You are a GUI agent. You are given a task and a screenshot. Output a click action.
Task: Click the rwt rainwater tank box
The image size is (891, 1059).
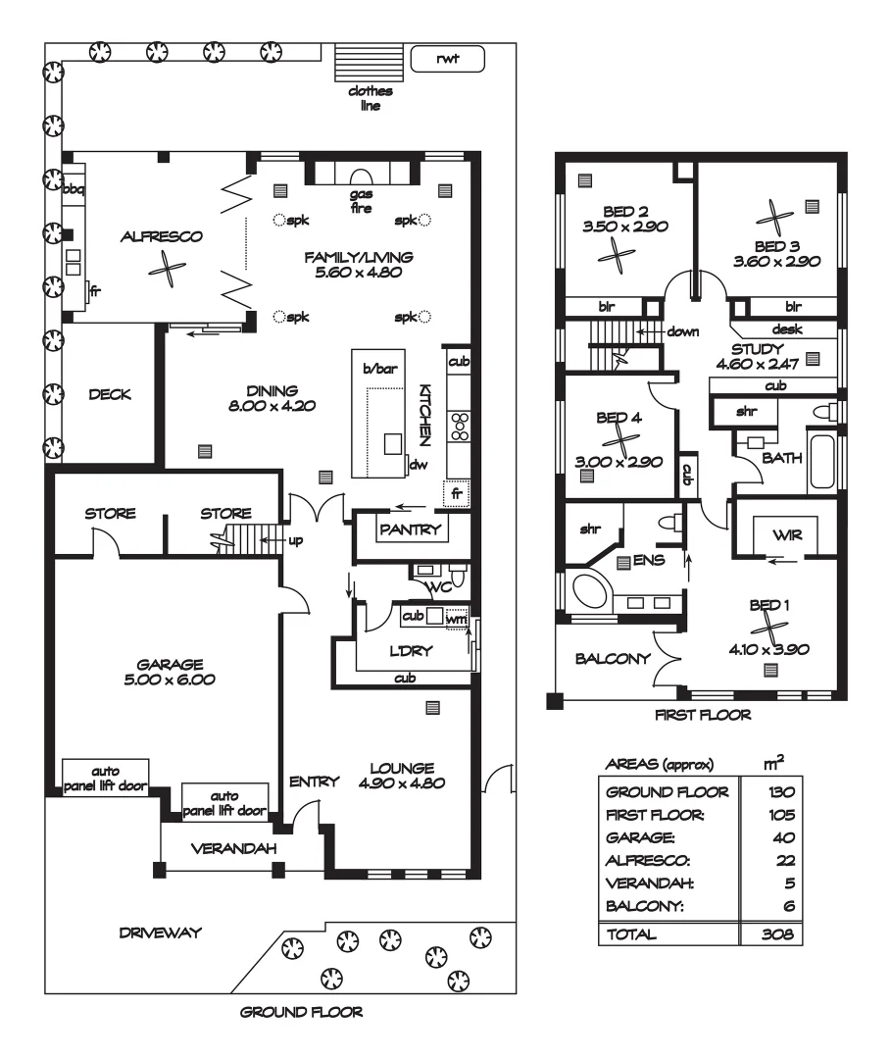click(x=448, y=59)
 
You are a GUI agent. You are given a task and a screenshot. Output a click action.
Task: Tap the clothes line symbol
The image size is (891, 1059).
click(x=370, y=64)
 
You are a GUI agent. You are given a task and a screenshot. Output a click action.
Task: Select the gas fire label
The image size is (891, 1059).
click(x=361, y=201)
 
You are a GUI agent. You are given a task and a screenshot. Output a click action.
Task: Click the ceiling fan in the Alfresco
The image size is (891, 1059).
click(x=167, y=268)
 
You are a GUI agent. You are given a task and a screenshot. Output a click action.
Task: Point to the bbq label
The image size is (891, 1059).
click(x=73, y=190)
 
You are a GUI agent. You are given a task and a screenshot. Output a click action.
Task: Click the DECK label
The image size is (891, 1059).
click(x=110, y=394)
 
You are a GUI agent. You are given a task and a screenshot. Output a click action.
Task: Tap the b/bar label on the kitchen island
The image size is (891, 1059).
click(x=380, y=369)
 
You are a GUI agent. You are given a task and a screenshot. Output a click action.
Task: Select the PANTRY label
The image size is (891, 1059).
click(x=411, y=529)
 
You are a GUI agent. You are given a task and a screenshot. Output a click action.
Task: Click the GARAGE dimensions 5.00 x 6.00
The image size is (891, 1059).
click(x=170, y=680)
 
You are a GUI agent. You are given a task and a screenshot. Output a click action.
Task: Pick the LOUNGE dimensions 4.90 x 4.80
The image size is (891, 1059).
click(x=402, y=783)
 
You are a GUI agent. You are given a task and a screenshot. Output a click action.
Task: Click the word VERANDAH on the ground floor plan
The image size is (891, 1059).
click(x=233, y=849)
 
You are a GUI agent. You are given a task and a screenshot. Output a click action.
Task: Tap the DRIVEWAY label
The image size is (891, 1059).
click(x=161, y=933)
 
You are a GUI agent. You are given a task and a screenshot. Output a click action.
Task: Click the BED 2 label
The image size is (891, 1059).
click(x=625, y=212)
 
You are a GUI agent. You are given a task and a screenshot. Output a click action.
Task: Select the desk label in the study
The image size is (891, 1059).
click(x=787, y=328)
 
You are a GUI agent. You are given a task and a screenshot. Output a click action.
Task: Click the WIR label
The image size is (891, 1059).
click(x=787, y=535)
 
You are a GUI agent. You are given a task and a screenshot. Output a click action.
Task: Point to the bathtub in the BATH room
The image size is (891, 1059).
click(x=822, y=461)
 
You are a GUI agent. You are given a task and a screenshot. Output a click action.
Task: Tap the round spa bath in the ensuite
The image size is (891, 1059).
click(x=589, y=591)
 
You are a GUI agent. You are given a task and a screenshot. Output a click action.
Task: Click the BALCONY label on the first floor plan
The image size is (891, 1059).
click(x=613, y=659)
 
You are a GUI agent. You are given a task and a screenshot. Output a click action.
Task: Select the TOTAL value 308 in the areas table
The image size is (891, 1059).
click(x=777, y=934)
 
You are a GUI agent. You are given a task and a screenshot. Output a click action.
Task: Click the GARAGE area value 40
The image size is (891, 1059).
click(x=784, y=838)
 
